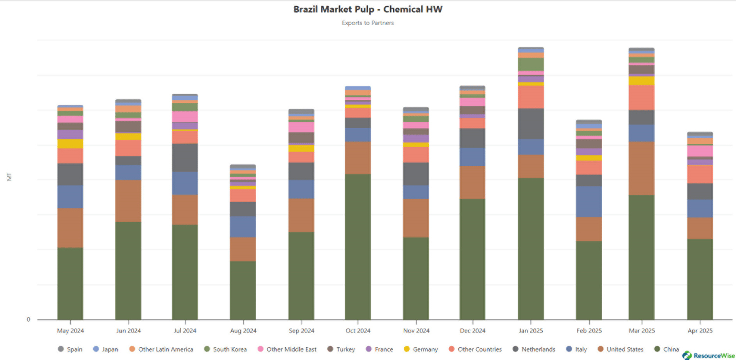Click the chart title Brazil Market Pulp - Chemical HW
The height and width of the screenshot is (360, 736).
368,9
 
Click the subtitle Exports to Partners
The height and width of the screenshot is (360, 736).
368,23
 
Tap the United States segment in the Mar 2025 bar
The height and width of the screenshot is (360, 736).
641,168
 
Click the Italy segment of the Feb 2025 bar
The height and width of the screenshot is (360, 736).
588,202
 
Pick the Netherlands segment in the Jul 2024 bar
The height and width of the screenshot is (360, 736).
184,157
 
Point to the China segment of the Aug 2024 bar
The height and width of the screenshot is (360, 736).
243,290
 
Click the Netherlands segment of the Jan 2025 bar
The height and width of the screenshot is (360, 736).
531,124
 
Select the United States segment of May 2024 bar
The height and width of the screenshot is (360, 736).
70,228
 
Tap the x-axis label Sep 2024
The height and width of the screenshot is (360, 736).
301,331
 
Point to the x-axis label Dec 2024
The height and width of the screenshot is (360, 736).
473,331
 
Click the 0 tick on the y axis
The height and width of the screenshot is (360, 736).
28,320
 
